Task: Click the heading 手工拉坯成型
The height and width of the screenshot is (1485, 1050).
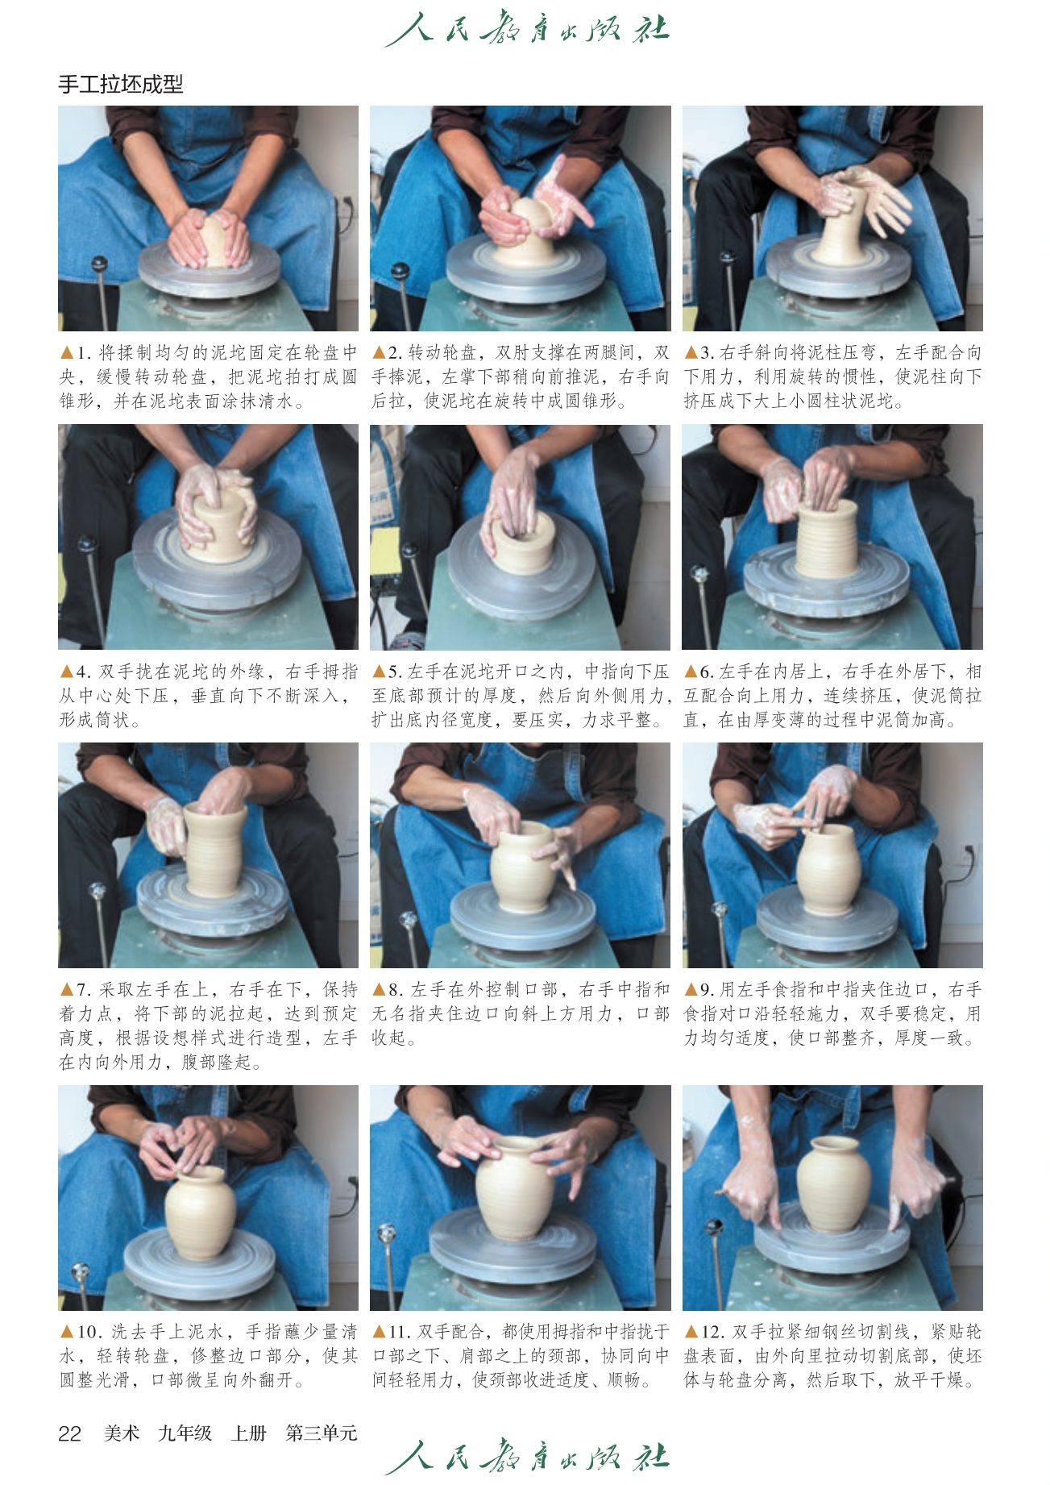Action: [x=121, y=84]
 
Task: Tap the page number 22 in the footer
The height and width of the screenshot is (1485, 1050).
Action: [x=70, y=1433]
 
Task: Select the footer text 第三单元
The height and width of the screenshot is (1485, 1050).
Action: [x=322, y=1433]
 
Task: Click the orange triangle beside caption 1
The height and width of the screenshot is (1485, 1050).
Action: [x=67, y=353]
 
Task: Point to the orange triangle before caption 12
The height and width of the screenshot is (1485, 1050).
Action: [x=691, y=1332]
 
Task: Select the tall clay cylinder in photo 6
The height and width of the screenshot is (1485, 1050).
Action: [x=827, y=538]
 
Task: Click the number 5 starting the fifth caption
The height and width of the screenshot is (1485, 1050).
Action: [x=393, y=672]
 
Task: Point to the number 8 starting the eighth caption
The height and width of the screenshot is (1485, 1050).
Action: [x=393, y=990]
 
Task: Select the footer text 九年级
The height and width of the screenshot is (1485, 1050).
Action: [x=185, y=1433]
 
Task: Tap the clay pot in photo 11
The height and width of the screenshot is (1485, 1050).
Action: [x=515, y=1188]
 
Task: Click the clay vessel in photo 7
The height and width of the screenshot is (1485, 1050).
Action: [x=214, y=850]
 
